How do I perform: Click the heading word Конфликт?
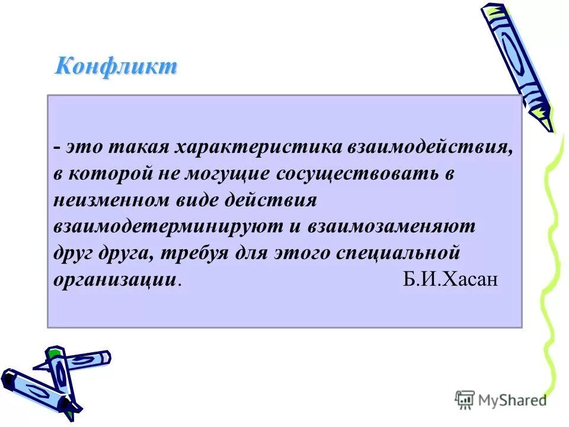point(116,66)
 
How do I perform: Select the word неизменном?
point(113,200)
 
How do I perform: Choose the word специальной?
point(398,253)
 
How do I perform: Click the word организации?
point(115,280)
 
